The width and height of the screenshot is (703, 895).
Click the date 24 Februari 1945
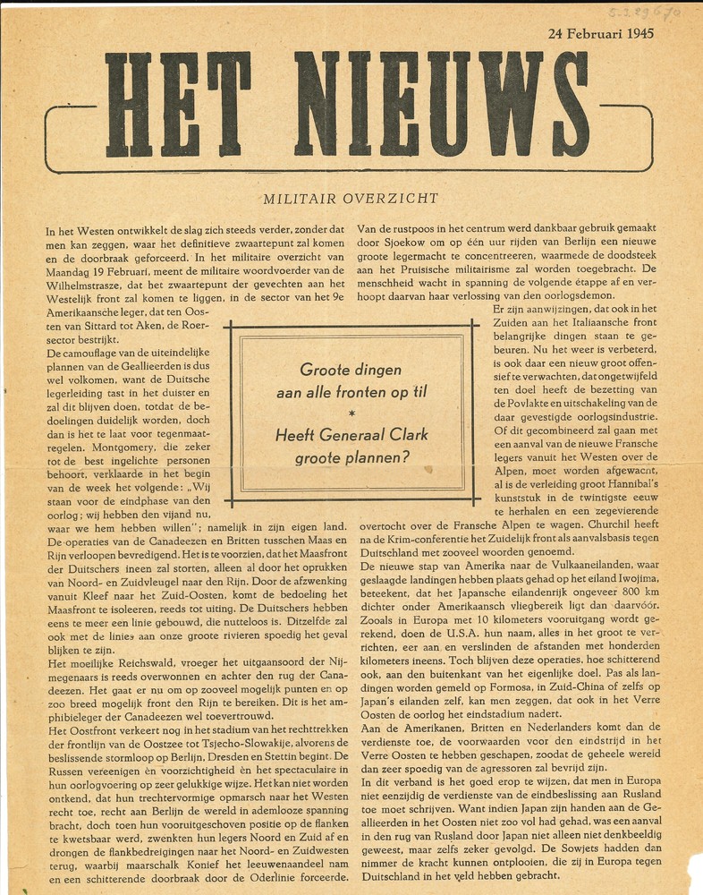tap(600, 35)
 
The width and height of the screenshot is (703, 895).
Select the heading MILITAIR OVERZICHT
tap(350, 199)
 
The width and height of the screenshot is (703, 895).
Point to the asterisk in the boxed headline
tap(351, 413)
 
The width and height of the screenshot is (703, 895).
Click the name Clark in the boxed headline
tap(406, 436)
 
